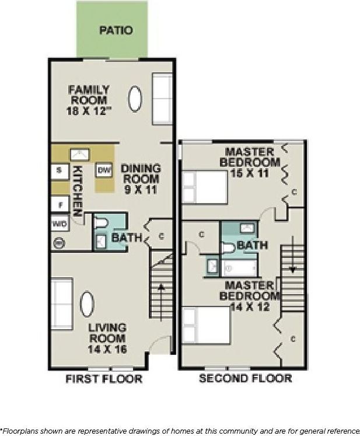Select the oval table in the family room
[x=135, y=99]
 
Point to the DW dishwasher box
[x=104, y=170]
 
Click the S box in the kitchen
[x=60, y=170]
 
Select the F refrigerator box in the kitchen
[x=60, y=204]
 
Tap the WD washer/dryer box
[x=60, y=224]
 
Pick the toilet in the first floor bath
[x=101, y=224]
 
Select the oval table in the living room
[x=87, y=304]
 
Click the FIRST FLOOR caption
[x=103, y=379]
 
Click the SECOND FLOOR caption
[x=245, y=379]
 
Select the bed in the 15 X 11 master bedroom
[x=204, y=187]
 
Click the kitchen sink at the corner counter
[x=79, y=154]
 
